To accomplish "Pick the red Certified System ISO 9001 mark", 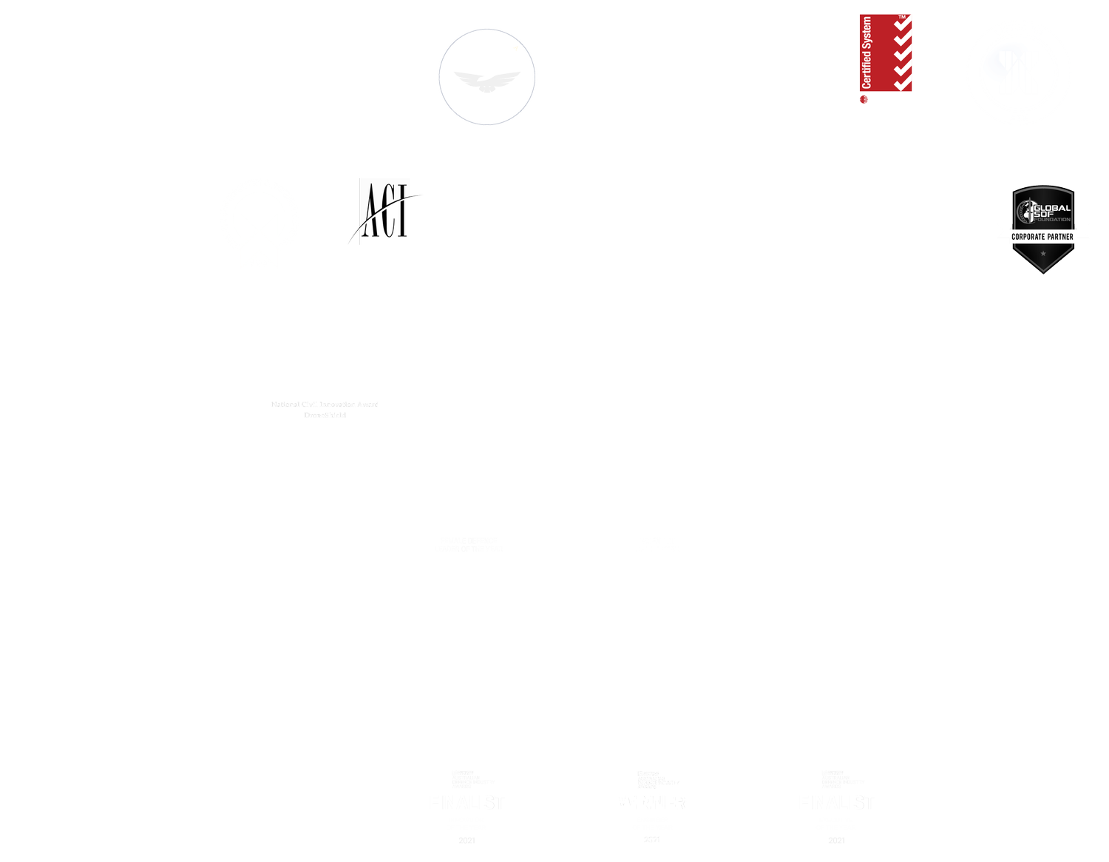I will (885, 53).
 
